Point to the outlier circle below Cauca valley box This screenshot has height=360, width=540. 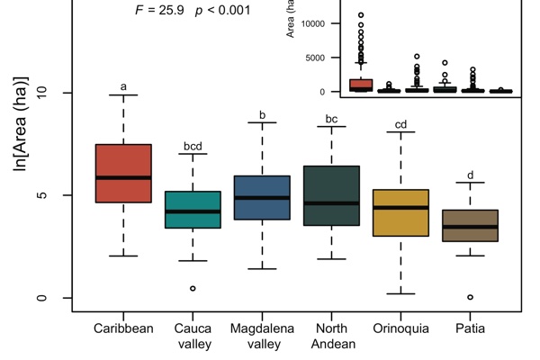tap(193, 289)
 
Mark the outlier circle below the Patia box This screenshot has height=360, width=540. tap(470, 297)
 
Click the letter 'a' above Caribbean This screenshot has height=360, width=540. tap(123, 87)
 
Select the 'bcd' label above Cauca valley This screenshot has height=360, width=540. tap(193, 145)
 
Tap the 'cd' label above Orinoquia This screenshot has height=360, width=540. tap(400, 124)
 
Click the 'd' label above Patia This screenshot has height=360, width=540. tap(470, 175)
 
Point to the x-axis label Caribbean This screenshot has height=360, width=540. tap(123, 328)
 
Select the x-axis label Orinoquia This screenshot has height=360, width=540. tap(400, 328)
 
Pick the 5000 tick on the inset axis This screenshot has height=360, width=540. tap(311, 58)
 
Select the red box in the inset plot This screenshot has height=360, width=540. tap(336, 85)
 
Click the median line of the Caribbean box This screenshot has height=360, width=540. tap(123, 177)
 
